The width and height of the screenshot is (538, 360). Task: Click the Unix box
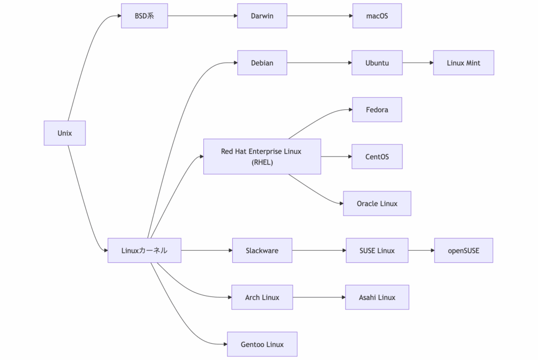pyautogui.click(x=65, y=133)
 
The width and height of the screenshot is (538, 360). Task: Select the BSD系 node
pyautogui.click(x=144, y=16)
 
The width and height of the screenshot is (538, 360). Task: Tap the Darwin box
pyautogui.click(x=262, y=16)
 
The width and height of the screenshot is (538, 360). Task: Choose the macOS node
pyautogui.click(x=377, y=16)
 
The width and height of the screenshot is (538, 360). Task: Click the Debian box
pyautogui.click(x=262, y=63)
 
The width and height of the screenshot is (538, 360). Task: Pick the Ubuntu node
pyautogui.click(x=377, y=63)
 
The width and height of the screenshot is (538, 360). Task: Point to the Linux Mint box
pyautogui.click(x=463, y=63)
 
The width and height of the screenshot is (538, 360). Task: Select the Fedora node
pyautogui.click(x=377, y=110)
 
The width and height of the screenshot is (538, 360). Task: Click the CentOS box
pyautogui.click(x=377, y=157)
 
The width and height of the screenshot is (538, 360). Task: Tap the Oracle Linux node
pyautogui.click(x=377, y=203)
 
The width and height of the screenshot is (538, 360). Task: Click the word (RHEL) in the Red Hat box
pyautogui.click(x=262, y=162)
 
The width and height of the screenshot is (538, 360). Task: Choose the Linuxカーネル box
pyautogui.click(x=144, y=251)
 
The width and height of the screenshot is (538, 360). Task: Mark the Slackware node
pyautogui.click(x=262, y=251)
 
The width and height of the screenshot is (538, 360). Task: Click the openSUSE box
pyautogui.click(x=463, y=251)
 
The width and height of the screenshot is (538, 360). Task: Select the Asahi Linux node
pyautogui.click(x=377, y=297)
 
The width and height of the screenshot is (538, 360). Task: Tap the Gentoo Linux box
pyautogui.click(x=262, y=344)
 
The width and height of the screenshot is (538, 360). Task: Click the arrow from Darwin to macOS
pyautogui.click(x=320, y=16)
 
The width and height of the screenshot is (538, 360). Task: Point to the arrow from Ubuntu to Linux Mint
pyautogui.click(x=418, y=63)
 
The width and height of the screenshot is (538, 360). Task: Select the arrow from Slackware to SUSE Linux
pyautogui.click(x=319, y=251)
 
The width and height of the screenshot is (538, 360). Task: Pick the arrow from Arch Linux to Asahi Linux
pyautogui.click(x=319, y=297)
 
